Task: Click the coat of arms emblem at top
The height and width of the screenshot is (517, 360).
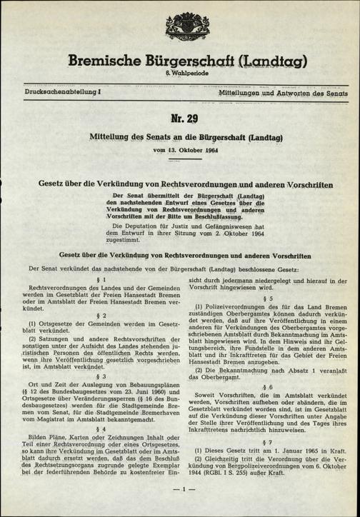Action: pyautogui.click(x=179, y=19)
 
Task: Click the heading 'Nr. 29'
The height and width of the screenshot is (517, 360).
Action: pyautogui.click(x=180, y=118)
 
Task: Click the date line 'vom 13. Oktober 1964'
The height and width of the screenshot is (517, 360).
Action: pyautogui.click(x=179, y=151)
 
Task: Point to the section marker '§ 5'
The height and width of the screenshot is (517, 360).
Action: pyautogui.click(x=269, y=298)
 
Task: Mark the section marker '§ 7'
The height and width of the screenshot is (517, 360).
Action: pyautogui.click(x=269, y=456)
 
